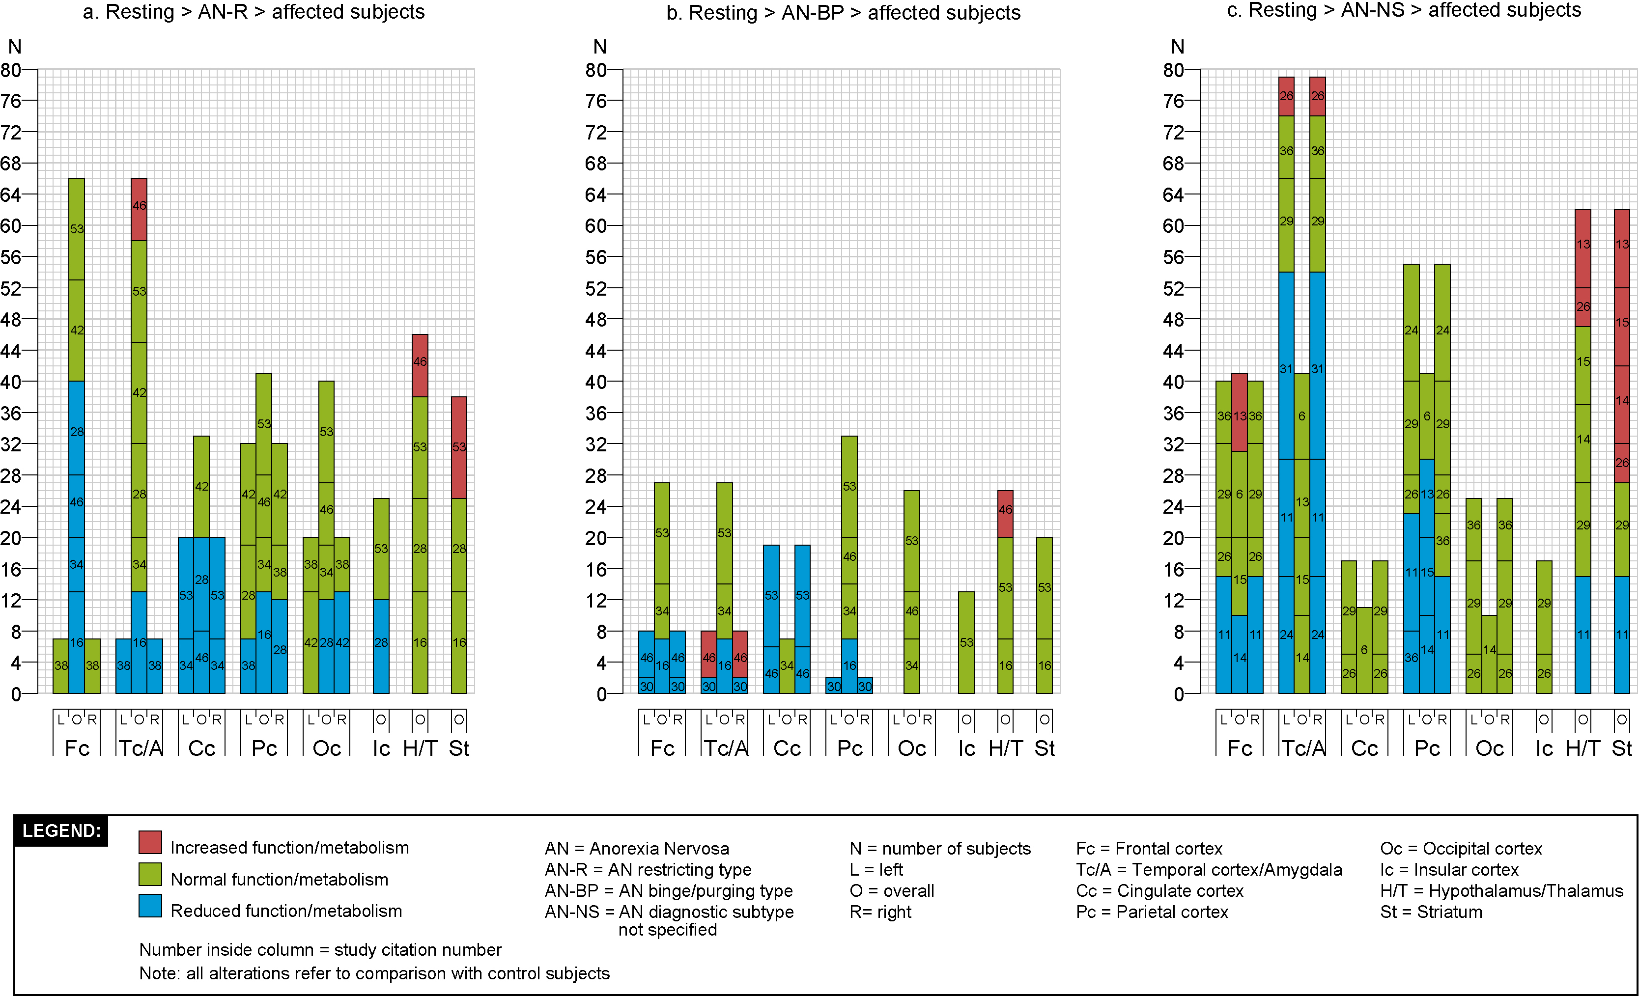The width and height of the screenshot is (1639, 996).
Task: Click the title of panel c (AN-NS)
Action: [1404, 11]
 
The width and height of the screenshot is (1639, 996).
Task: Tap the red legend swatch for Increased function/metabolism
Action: [150, 842]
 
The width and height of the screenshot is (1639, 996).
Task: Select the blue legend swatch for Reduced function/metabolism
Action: [150, 906]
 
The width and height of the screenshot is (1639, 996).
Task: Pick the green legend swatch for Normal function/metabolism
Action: [150, 874]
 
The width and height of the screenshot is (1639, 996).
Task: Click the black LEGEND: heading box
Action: [61, 830]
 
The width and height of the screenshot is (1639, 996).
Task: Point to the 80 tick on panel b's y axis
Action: [596, 70]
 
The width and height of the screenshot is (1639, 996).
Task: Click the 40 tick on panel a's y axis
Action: [11, 382]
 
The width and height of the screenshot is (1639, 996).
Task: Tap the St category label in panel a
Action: [459, 748]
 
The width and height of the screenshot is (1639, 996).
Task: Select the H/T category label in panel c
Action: [1582, 748]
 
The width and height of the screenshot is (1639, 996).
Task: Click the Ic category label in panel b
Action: [966, 748]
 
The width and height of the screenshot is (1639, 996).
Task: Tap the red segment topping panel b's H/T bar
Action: [1005, 513]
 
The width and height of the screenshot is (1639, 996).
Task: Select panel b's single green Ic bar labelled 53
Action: [966, 642]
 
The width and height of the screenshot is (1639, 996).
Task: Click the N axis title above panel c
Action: [1177, 47]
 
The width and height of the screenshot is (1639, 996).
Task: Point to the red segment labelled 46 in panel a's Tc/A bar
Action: [139, 209]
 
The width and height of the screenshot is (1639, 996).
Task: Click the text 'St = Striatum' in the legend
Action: [1431, 912]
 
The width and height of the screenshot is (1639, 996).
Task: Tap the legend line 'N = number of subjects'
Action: [939, 848]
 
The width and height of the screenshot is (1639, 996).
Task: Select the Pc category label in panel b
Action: [849, 748]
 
